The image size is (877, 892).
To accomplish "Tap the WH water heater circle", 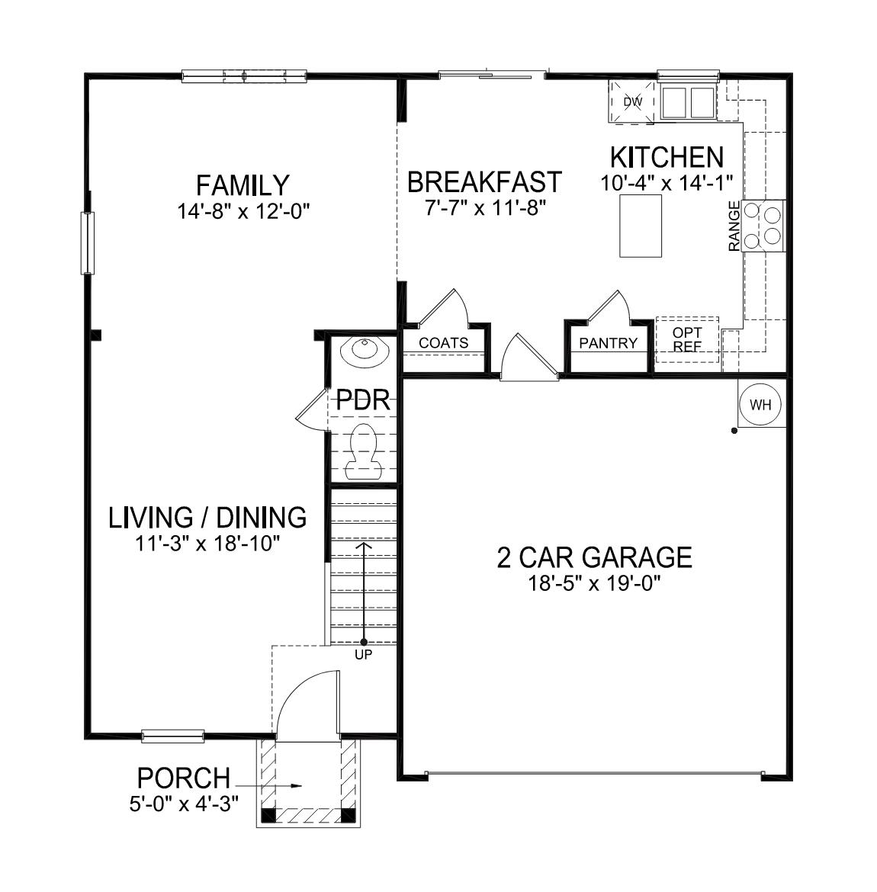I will tap(760, 405).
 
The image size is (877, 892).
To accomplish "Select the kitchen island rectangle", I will tap(641, 226).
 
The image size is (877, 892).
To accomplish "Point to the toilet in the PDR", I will tap(364, 451).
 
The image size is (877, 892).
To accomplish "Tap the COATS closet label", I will tap(444, 343).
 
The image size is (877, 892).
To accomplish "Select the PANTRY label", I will tap(608, 343).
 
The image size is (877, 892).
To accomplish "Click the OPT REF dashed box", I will tap(687, 339).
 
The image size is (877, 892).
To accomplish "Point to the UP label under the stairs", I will tap(364, 655).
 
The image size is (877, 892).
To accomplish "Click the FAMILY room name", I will tap(243, 185).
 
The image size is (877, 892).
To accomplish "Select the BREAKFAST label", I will tap(484, 183).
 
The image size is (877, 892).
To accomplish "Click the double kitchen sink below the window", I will tap(688, 102).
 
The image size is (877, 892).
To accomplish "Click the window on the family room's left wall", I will tap(88, 243).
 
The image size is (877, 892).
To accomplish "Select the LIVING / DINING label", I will tap(207, 518).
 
